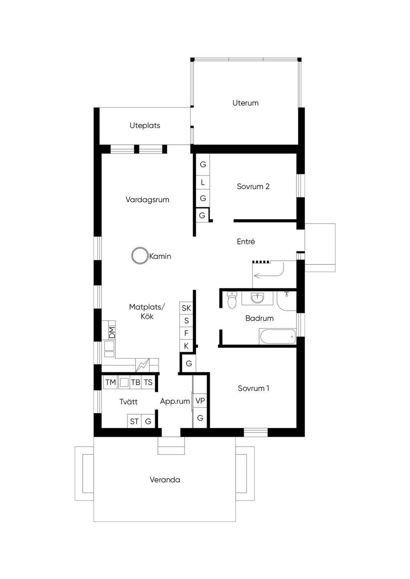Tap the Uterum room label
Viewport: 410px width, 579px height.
[x=245, y=103]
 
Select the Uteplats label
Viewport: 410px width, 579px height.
[x=145, y=126]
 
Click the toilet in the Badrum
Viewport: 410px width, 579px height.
[x=232, y=301]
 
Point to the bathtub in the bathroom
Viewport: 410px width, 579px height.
[x=278, y=337]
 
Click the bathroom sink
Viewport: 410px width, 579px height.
[x=257, y=298]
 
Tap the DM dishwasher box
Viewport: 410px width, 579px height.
[x=112, y=332]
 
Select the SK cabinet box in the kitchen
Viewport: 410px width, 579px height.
[x=186, y=308]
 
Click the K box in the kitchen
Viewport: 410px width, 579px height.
[x=186, y=346]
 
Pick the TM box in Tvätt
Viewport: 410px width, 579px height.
[x=110, y=382]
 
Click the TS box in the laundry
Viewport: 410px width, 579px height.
[x=148, y=382]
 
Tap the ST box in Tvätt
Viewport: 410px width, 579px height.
[x=134, y=421]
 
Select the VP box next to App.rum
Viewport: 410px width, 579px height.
[x=200, y=401]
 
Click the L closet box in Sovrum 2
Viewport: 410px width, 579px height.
[x=203, y=183]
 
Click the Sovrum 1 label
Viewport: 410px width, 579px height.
[x=253, y=388]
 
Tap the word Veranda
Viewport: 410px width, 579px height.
[x=165, y=480]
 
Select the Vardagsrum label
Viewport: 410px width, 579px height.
[x=147, y=200]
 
